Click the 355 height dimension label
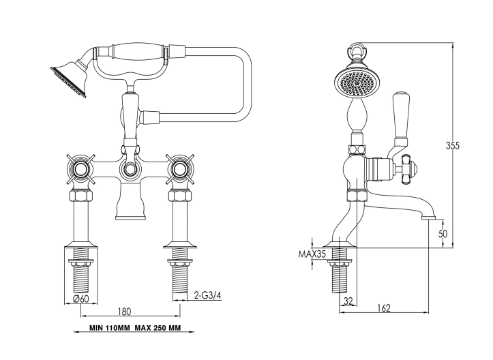pos(453,145)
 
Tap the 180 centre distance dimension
pos(124,312)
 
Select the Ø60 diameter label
pos(80,299)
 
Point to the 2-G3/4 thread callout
pos(207,295)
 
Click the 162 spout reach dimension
pos(384,307)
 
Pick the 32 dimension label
pos(348,301)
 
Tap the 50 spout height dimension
pos(443,234)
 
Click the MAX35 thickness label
pos(312,254)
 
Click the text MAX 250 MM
pos(158,328)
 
